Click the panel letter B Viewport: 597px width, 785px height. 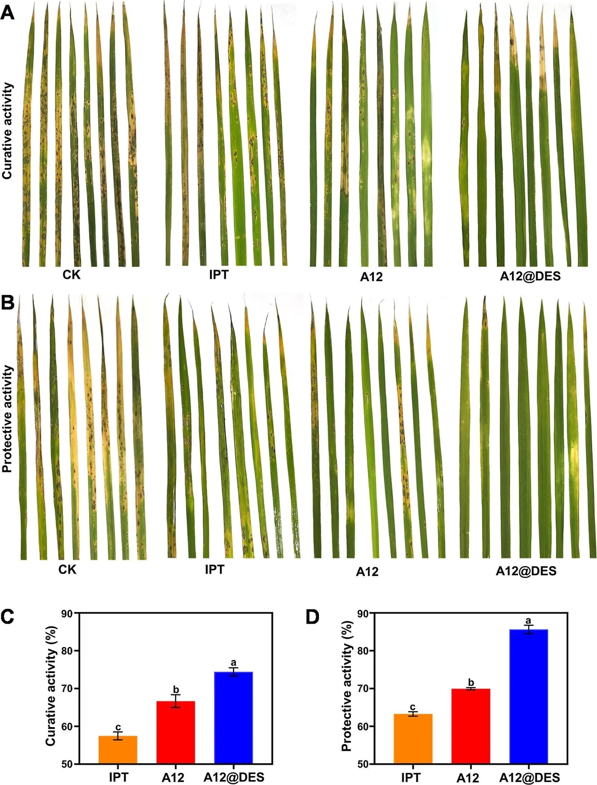pos(8,303)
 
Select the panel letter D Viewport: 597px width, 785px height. pos(312,617)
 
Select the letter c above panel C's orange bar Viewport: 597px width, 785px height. pos(118,727)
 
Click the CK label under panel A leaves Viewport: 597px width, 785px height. pos(72,275)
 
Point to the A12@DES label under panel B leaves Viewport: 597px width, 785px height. pos(526,571)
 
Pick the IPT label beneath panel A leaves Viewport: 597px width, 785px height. pos(219,275)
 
